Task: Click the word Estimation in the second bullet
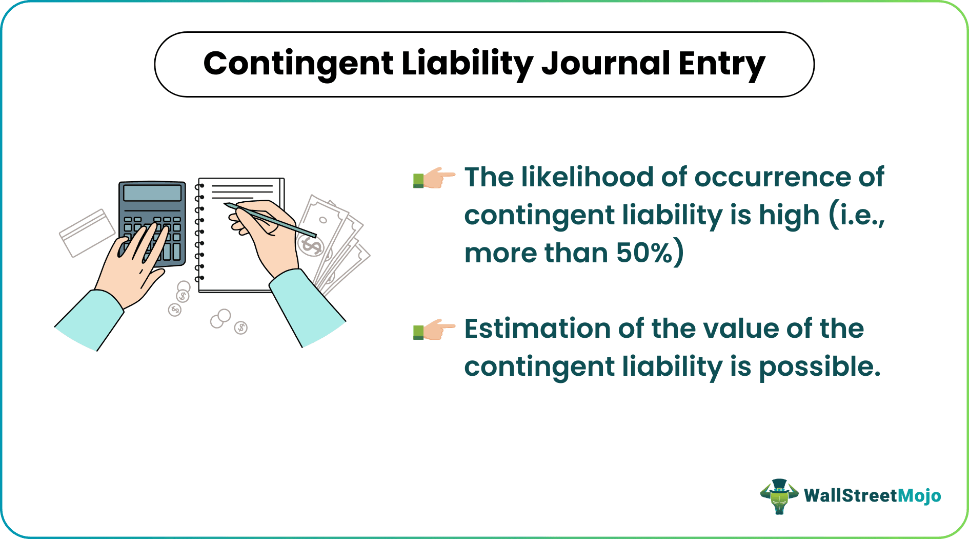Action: pos(538,329)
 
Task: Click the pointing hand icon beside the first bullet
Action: pos(434,178)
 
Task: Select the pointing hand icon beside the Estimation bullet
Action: pos(434,329)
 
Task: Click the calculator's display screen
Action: pos(152,193)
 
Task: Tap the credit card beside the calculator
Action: pos(87,233)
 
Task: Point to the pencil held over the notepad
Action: pos(270,220)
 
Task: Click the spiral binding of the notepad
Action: pos(199,231)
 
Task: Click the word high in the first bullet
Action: pos(789,216)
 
